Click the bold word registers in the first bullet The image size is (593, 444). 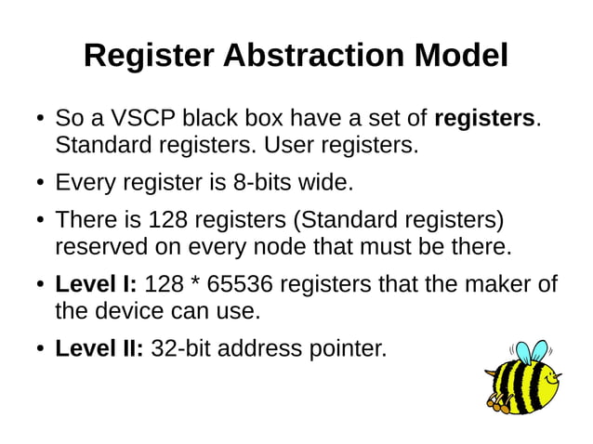click(x=484, y=120)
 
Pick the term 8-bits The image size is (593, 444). click(x=265, y=183)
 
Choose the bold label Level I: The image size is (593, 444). click(x=97, y=284)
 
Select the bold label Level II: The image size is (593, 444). click(x=99, y=348)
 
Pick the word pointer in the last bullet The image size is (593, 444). click(x=345, y=348)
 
